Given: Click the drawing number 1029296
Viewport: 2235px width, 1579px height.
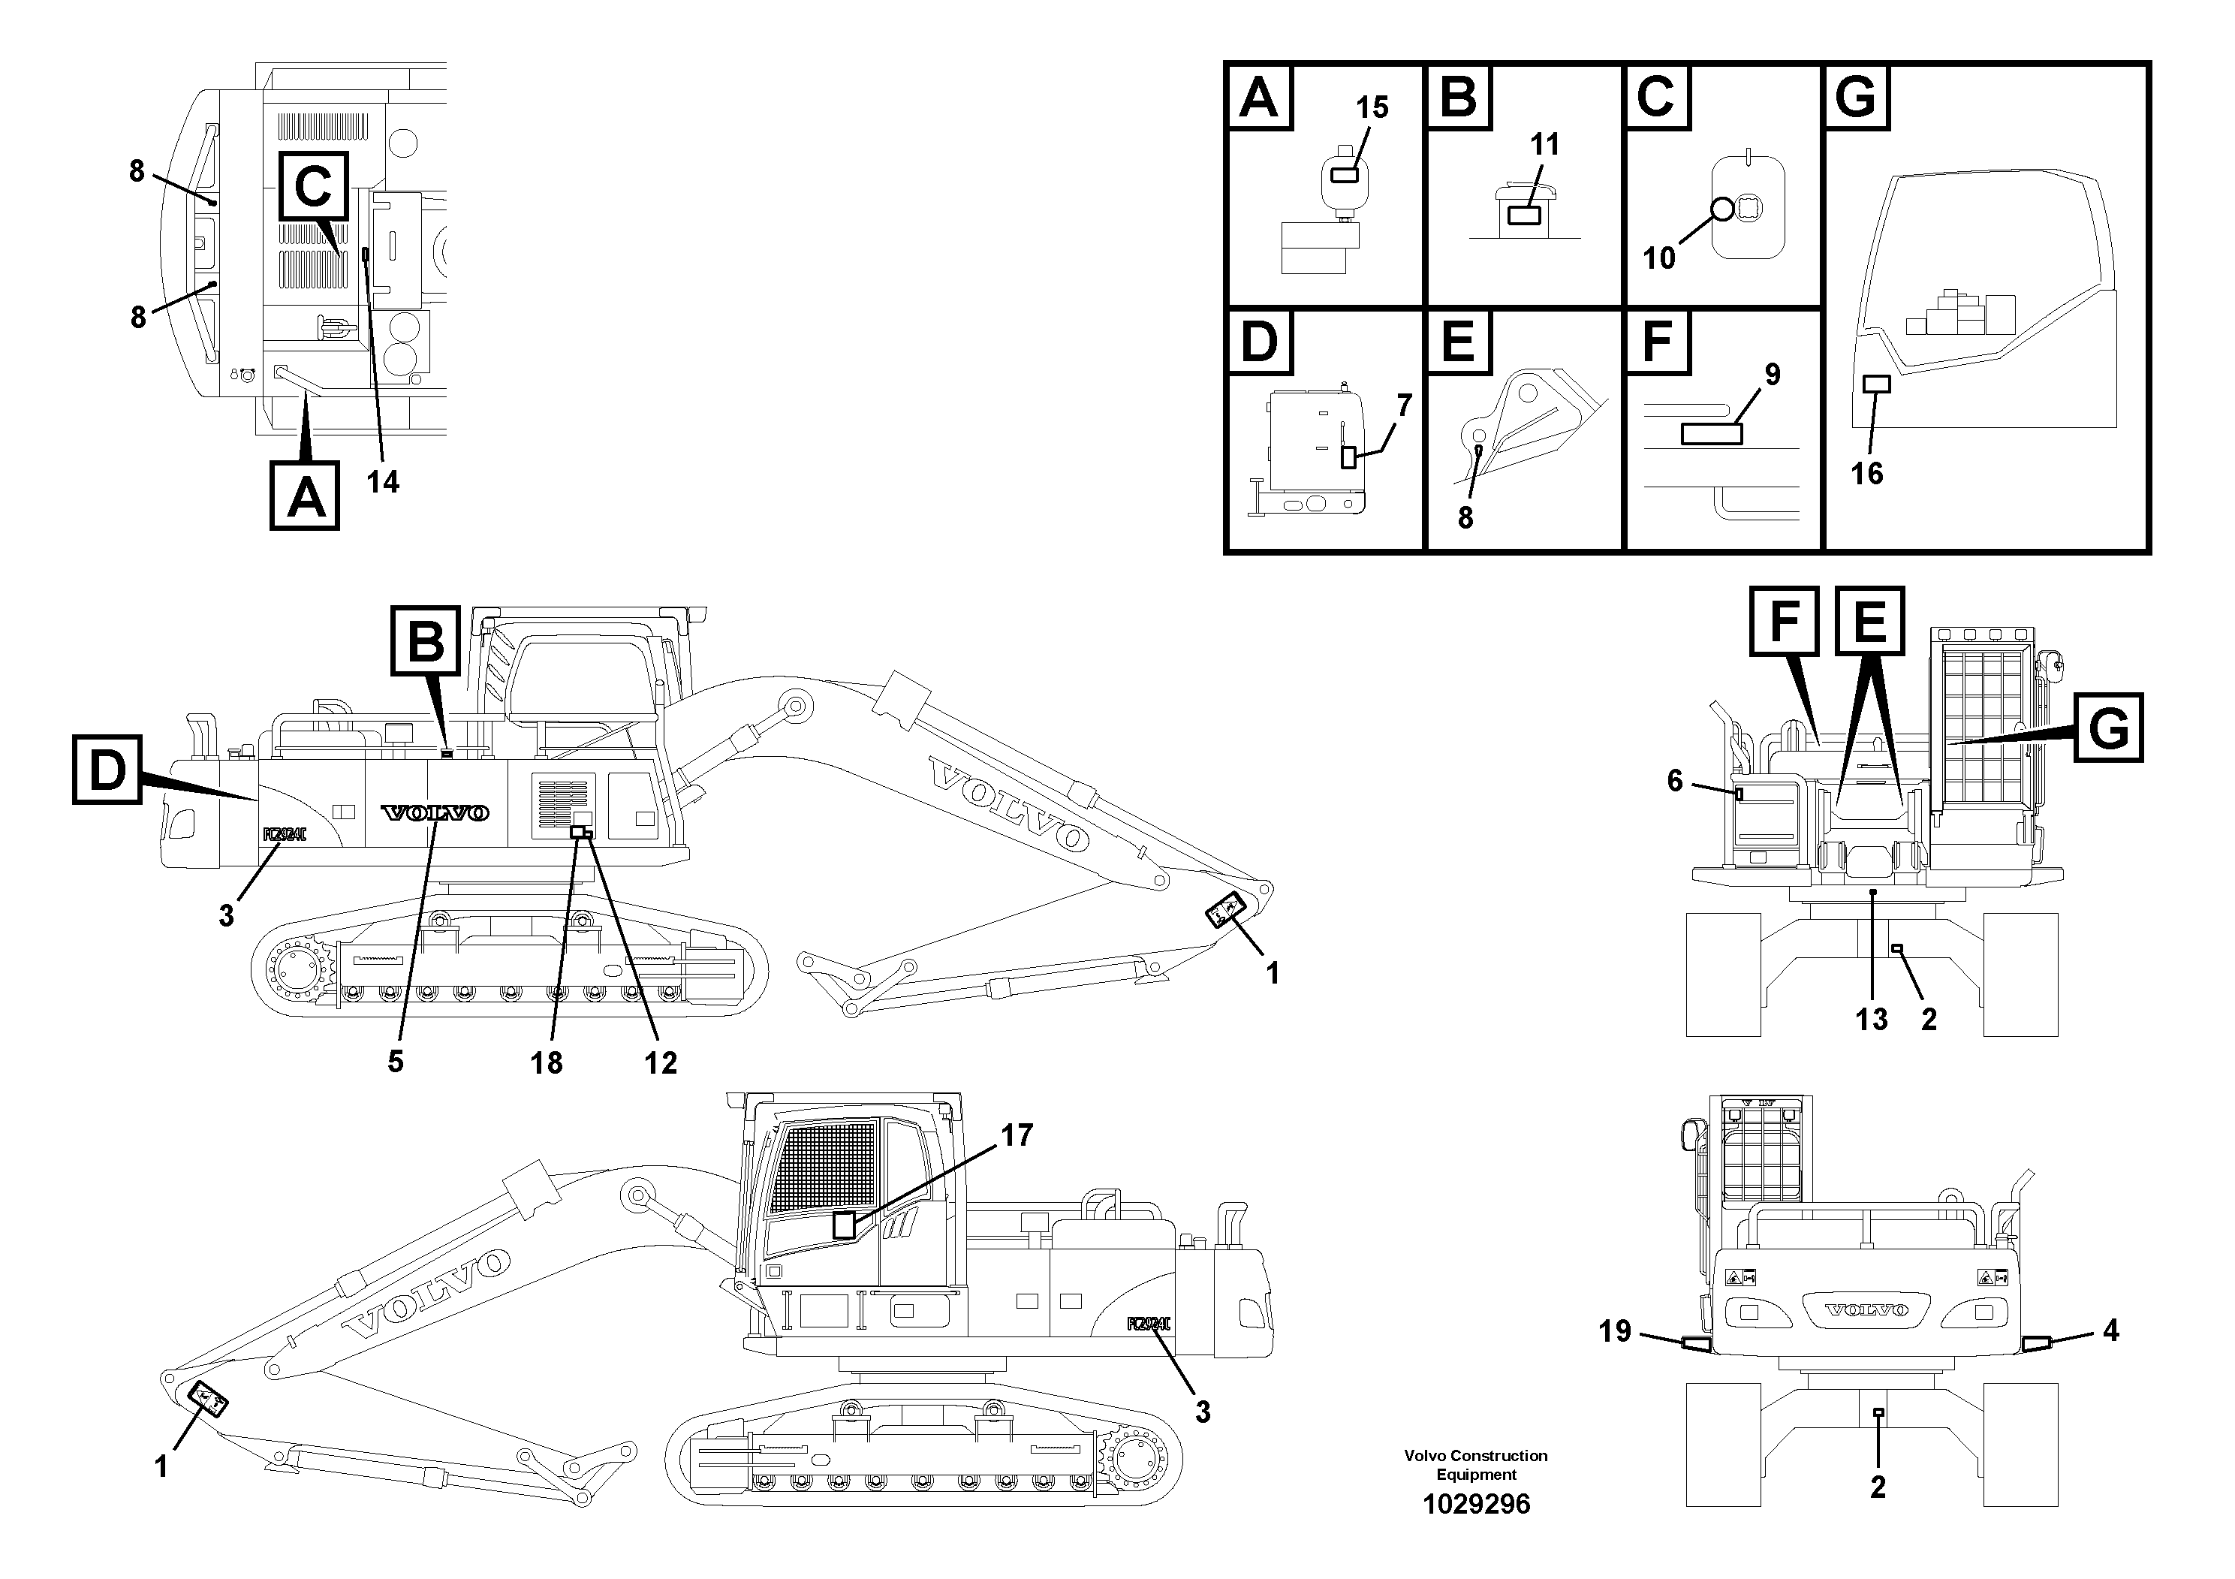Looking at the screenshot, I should pyautogui.click(x=1476, y=1504).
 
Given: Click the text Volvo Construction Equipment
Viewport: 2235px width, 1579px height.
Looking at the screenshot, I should pyautogui.click(x=1476, y=1464).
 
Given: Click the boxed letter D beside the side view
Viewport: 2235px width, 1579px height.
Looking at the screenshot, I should pyautogui.click(x=107, y=770).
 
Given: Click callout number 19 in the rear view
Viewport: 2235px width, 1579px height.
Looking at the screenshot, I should pyautogui.click(x=1615, y=1330).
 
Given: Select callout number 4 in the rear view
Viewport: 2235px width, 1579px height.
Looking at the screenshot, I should pyautogui.click(x=2110, y=1330).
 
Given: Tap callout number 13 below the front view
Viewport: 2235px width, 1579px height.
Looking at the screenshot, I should pyautogui.click(x=1871, y=1019).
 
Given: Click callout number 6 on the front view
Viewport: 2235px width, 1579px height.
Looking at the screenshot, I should pyautogui.click(x=1674, y=780).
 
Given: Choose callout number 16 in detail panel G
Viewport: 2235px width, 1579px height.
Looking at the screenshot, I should pyautogui.click(x=1867, y=473).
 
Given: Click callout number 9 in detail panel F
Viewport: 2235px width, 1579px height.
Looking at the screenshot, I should pyautogui.click(x=1773, y=374).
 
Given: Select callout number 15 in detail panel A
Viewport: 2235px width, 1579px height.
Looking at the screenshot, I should pyautogui.click(x=1372, y=107).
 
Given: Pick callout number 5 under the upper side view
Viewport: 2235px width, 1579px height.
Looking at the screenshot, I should pyautogui.click(x=394, y=1061).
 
